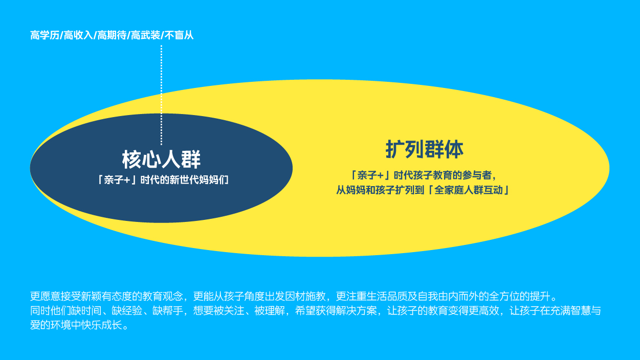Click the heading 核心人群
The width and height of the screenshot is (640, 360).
pyautogui.click(x=162, y=160)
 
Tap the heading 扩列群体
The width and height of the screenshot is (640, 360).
pyautogui.click(x=425, y=149)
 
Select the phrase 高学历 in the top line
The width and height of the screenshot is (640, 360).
pyautogui.click(x=45, y=35)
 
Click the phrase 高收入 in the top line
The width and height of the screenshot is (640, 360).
pyautogui.click(x=78, y=35)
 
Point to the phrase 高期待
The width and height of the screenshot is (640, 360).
pyautogui.click(x=112, y=35)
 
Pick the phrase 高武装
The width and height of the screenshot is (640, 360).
pyautogui.click(x=145, y=35)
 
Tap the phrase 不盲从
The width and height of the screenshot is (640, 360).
pyautogui.click(x=179, y=35)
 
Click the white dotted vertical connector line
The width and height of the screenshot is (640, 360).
pyautogui.click(x=162, y=95)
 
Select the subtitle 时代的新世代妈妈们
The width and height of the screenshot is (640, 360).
pyautogui.click(x=184, y=180)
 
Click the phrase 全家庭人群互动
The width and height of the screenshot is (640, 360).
pyautogui.click(x=469, y=190)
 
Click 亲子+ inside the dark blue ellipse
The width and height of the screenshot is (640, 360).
pyautogui.click(x=118, y=180)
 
